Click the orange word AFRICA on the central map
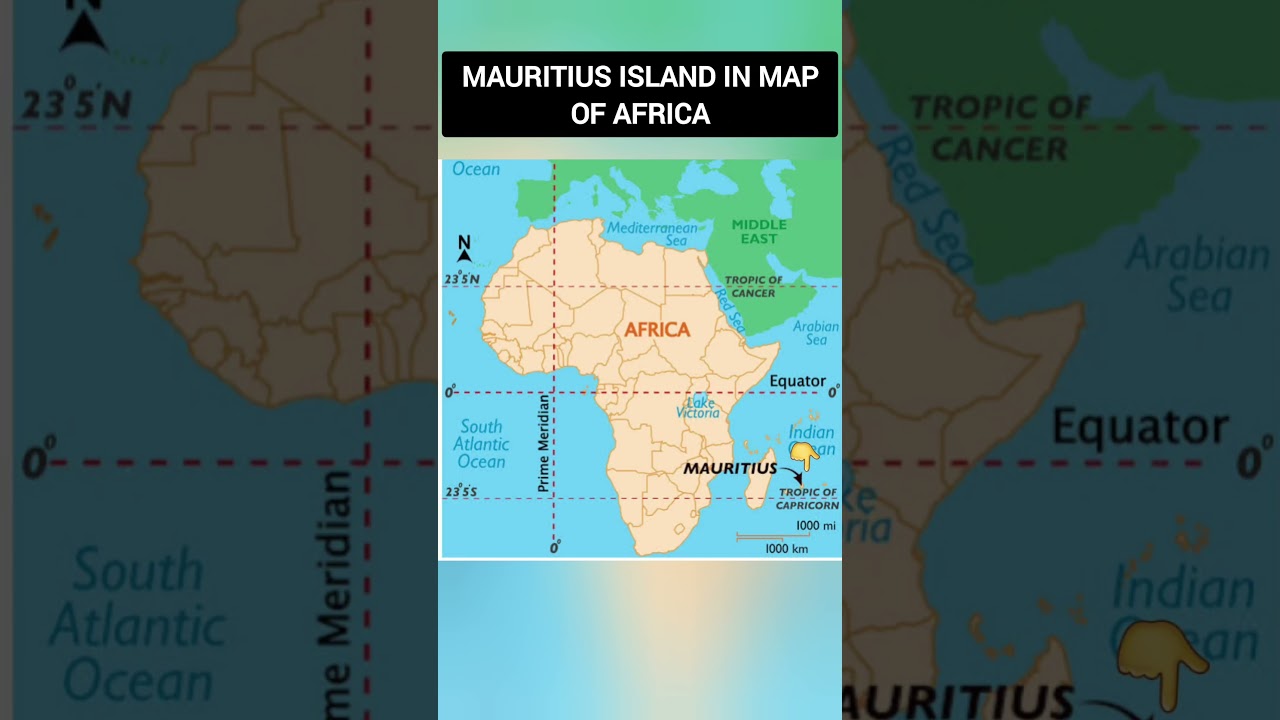click(x=657, y=329)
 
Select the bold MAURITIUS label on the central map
click(x=730, y=468)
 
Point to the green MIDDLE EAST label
click(x=759, y=231)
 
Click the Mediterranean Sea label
click(x=652, y=234)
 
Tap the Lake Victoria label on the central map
click(x=698, y=407)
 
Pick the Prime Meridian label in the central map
click(x=544, y=443)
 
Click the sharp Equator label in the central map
click(x=797, y=381)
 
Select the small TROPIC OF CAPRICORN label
click(x=807, y=498)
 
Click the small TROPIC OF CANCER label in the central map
click(x=753, y=286)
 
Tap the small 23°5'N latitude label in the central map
click(x=462, y=279)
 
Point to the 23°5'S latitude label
click(x=461, y=492)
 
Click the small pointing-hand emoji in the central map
click(x=804, y=456)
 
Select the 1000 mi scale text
click(x=815, y=526)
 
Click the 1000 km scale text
click(x=786, y=548)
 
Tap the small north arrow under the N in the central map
click(x=464, y=256)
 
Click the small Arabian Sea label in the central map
click(x=816, y=333)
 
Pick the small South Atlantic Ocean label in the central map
click(x=482, y=444)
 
